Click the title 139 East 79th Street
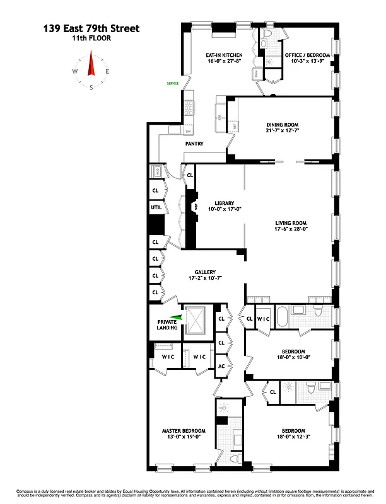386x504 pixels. (x=91, y=28)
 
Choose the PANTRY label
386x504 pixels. (x=194, y=144)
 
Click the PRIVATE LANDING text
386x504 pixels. (x=167, y=324)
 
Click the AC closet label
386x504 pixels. (x=221, y=366)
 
